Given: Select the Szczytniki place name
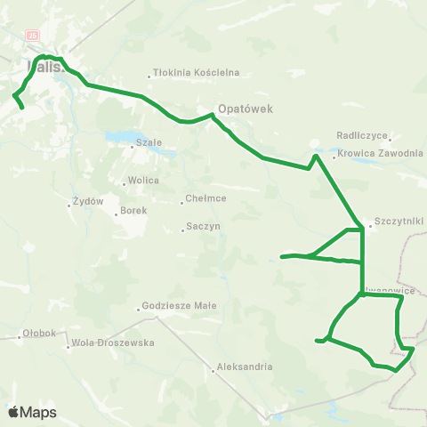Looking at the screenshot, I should pyautogui.click(x=399, y=221).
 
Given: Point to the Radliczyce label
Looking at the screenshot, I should pyautogui.click(x=362, y=135).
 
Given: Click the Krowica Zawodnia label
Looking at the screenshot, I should pyautogui.click(x=380, y=153).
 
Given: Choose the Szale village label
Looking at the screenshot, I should pyautogui.click(x=148, y=143).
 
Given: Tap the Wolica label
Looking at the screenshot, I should pyautogui.click(x=143, y=180).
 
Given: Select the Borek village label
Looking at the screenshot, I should pyautogui.click(x=133, y=212).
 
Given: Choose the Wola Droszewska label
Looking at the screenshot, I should pyautogui.click(x=113, y=342).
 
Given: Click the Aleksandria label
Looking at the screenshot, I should pyautogui.click(x=243, y=367).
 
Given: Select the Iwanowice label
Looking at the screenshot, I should pyautogui.click(x=391, y=288).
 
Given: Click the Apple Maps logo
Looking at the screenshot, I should pyautogui.click(x=31, y=412).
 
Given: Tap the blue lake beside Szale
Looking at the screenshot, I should pyautogui.click(x=119, y=137).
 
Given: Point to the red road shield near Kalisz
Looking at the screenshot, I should pyautogui.click(x=34, y=35).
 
